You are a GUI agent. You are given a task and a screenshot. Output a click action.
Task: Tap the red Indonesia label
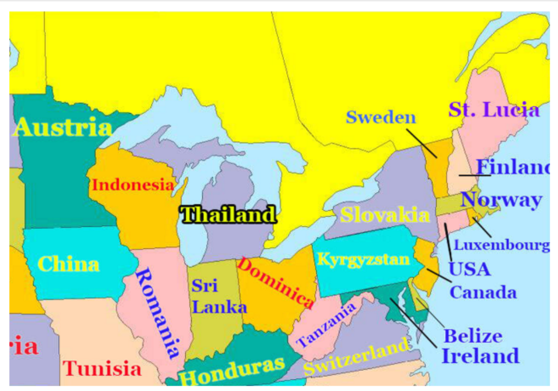coord(133,185)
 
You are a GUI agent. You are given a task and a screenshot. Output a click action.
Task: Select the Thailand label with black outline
coord(228,215)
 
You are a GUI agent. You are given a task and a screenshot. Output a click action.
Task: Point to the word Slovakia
coord(385,215)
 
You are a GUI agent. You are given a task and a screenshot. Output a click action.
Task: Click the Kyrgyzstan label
coord(363,259)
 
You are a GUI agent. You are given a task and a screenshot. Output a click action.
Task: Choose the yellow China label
coord(69,264)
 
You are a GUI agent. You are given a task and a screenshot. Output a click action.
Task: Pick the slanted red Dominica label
coord(276,283)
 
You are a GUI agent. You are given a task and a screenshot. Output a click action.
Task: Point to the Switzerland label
coord(357,358)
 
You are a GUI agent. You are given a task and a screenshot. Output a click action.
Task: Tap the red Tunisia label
coord(103,368)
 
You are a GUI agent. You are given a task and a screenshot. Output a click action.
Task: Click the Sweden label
coord(381,117)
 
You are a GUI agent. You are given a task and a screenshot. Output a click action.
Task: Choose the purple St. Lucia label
coord(494,110)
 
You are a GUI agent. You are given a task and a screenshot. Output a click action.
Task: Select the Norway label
coord(501,200)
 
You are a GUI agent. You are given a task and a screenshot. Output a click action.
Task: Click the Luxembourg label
coord(502,245)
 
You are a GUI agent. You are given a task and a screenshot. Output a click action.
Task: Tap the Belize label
coord(473,336)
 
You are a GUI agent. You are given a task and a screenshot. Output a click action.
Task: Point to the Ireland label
coord(480,356)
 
